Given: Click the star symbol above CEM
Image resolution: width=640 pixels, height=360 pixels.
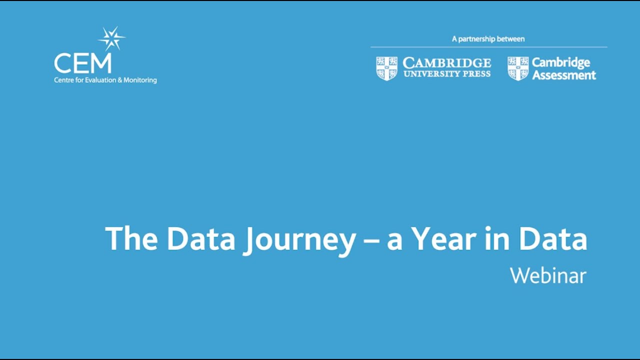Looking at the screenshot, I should tap(111, 38).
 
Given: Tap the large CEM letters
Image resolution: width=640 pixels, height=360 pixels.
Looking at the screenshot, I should tap(83, 63).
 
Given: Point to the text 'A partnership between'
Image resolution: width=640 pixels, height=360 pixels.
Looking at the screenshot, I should tap(488, 39).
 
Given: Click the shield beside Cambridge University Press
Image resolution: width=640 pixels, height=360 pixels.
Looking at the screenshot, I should tap(386, 68).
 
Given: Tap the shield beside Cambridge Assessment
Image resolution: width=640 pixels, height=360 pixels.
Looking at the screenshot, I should tap(518, 68).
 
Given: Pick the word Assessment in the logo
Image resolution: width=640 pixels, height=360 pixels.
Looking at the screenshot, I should tap(563, 75).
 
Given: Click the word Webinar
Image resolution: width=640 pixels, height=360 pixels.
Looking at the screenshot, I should tap(548, 275).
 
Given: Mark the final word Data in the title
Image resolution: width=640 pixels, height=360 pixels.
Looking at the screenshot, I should tap(552, 239).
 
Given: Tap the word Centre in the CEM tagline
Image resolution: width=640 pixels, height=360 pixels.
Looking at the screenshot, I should tap(63, 80).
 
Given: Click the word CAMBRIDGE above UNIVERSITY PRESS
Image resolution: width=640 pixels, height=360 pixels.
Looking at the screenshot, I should tap(446, 63).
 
